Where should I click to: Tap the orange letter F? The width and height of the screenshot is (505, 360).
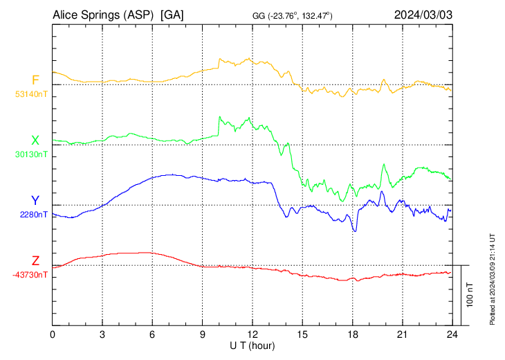point(35,79)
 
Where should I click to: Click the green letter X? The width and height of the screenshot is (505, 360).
point(35,140)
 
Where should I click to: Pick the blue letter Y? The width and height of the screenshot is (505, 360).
point(35,201)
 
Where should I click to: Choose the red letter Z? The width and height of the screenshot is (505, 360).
point(35,261)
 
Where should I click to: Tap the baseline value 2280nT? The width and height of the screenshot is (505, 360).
point(34,215)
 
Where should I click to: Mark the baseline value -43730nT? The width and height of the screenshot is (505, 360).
point(30,275)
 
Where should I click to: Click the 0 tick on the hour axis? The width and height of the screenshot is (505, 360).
point(53,334)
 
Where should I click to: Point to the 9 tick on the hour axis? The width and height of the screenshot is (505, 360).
point(203,334)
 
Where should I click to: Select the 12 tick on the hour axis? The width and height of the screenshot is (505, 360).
point(252,334)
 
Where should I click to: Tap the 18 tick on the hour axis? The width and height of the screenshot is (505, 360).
point(352,334)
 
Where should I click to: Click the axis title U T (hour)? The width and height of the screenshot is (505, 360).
point(252,345)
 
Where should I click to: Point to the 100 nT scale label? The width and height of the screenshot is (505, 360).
point(470,295)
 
